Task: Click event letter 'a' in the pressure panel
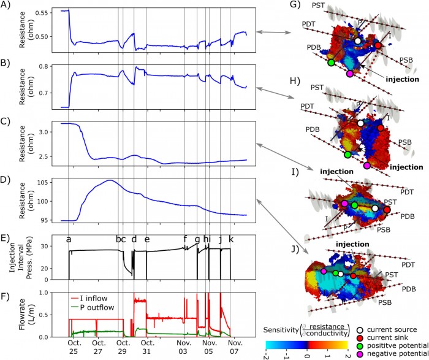click(69, 239)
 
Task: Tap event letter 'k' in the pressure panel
click(231, 239)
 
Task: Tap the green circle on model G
click(331, 63)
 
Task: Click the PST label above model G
click(318, 6)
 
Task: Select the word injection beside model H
click(407, 166)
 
